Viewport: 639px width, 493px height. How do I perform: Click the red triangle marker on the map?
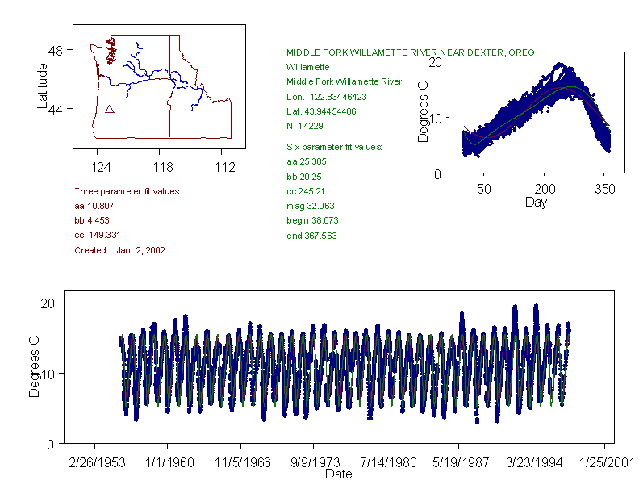110,109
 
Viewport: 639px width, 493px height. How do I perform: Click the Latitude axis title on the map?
43,86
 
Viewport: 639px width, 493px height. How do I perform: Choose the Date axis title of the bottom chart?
338,474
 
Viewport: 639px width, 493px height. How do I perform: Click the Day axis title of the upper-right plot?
535,202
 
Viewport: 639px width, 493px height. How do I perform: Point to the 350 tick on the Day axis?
605,189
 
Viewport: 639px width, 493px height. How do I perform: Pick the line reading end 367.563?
311,236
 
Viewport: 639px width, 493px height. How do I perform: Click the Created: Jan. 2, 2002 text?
119,250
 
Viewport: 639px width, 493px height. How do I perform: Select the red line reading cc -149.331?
98,235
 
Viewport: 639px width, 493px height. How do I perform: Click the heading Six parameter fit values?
334,147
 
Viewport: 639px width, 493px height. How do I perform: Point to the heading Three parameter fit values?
127,191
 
